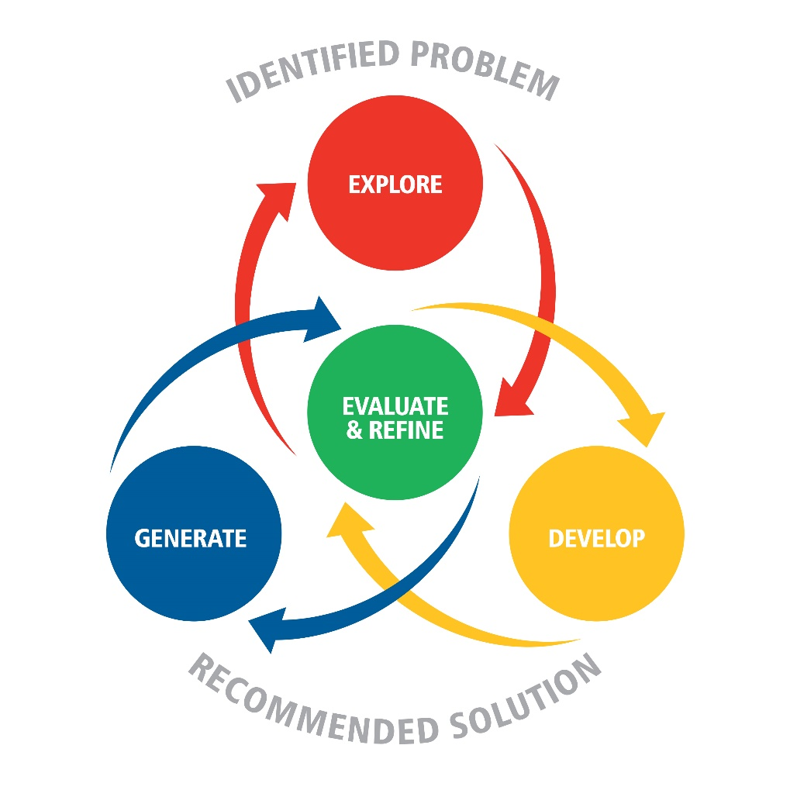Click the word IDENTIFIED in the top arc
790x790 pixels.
(x=310, y=70)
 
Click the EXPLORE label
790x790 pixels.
(x=395, y=185)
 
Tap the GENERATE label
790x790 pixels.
(x=191, y=537)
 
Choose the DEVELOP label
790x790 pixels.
(x=596, y=537)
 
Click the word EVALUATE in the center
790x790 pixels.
(x=395, y=406)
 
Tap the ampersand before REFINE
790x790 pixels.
(x=354, y=430)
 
